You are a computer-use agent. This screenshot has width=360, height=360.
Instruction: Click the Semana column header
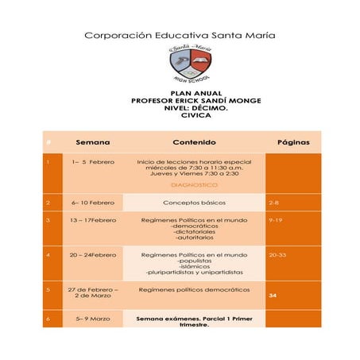(x=92, y=143)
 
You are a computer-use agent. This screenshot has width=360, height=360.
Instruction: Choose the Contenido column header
(x=194, y=143)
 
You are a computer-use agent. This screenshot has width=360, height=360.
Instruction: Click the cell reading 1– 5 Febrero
(x=93, y=162)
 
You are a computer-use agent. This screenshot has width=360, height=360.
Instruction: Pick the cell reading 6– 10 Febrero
(x=93, y=203)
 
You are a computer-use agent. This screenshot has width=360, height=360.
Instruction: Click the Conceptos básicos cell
(x=194, y=203)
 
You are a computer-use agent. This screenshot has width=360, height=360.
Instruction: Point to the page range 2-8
(x=274, y=203)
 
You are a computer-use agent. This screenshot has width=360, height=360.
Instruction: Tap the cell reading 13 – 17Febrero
(x=93, y=219)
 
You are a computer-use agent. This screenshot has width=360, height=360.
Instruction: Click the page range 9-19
(x=277, y=219)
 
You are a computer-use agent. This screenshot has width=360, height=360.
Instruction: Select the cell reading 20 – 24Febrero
(x=93, y=255)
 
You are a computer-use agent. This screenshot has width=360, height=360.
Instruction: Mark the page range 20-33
(x=278, y=255)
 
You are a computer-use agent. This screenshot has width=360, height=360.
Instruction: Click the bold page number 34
(x=273, y=296)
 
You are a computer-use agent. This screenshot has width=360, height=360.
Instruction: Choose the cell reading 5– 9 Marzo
(x=93, y=319)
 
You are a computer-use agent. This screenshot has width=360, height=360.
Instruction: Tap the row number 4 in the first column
(x=48, y=255)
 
